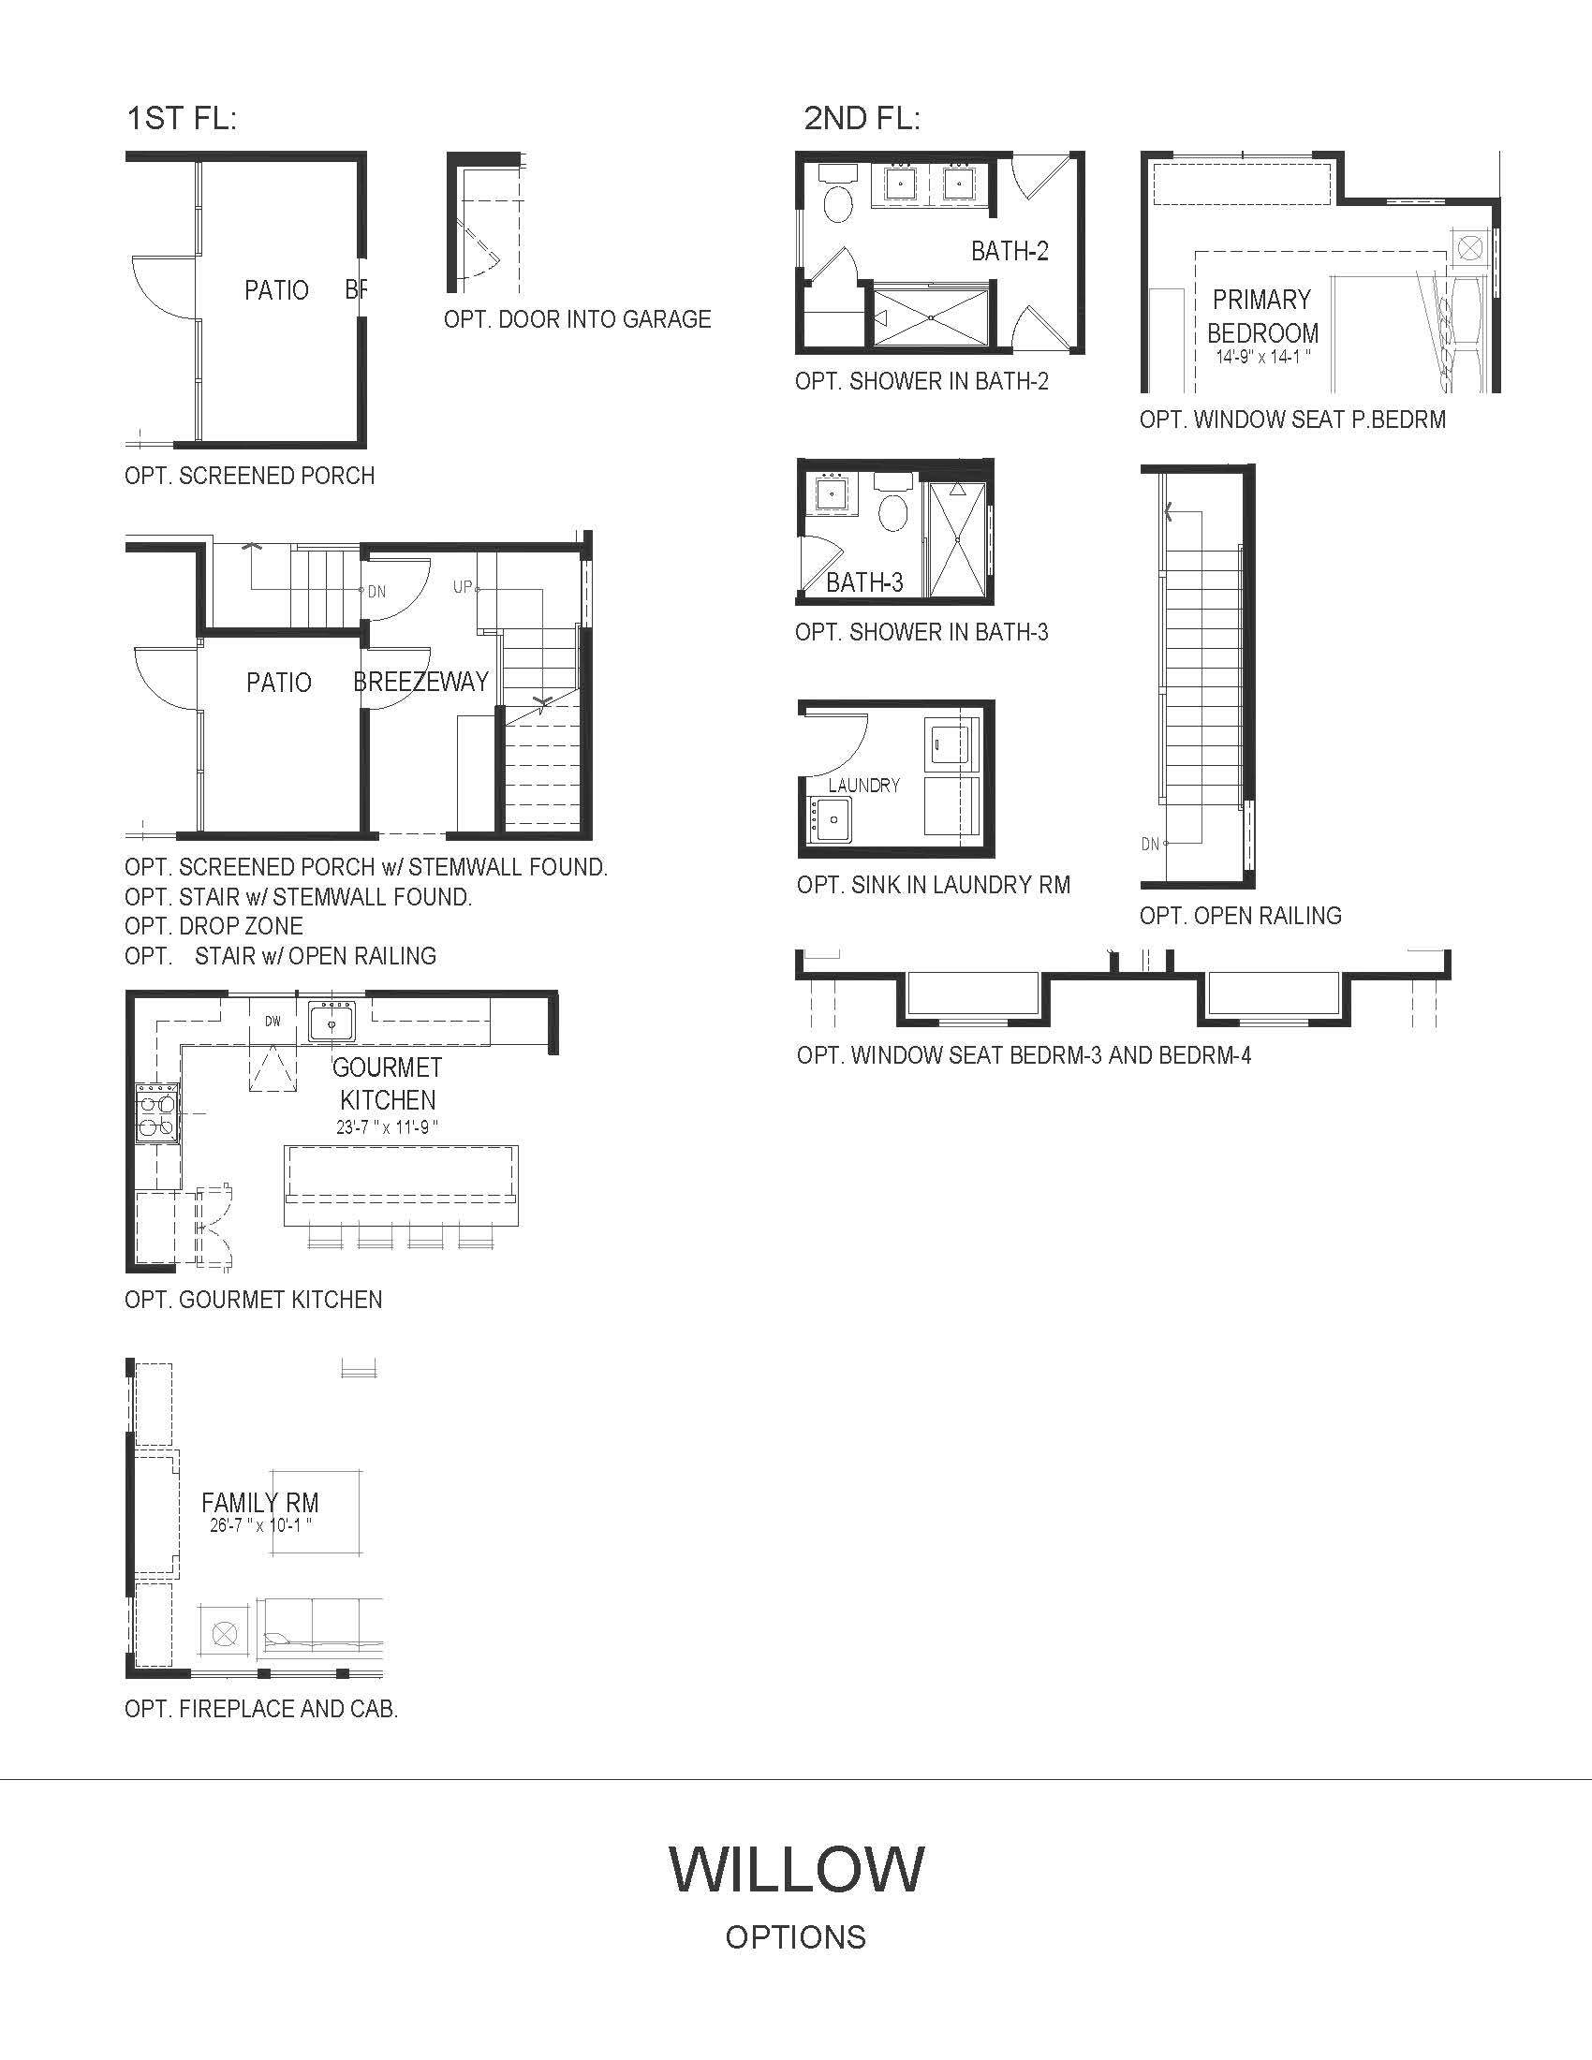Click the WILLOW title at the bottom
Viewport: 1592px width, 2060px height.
pos(796,1869)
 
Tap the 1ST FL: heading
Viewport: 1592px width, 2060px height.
pos(181,119)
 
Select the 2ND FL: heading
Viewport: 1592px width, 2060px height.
pos(862,119)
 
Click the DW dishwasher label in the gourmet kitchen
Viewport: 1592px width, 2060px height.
pos(273,1021)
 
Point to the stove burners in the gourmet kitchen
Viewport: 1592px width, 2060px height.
pos(157,1113)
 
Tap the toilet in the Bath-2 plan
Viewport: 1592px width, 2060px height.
pos(836,195)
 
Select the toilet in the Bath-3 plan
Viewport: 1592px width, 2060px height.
pos(892,504)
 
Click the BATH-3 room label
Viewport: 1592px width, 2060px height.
pos(865,583)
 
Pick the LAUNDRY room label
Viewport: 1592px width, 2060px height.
pos(864,785)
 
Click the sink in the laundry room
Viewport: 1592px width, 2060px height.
pos(830,819)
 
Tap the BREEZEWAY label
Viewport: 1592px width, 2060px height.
pos(420,681)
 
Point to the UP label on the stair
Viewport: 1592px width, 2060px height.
pos(462,587)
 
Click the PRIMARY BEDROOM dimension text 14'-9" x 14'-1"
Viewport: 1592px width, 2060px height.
pos(1263,358)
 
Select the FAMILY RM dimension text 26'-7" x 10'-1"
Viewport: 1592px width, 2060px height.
pos(261,1526)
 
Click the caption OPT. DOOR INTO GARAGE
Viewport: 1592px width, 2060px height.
pos(577,319)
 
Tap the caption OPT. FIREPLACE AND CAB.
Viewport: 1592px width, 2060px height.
pos(261,1709)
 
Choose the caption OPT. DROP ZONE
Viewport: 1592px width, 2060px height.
pos(214,926)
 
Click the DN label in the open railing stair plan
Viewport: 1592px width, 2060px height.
pos(1151,845)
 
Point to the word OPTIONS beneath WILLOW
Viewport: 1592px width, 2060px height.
pos(796,1937)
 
